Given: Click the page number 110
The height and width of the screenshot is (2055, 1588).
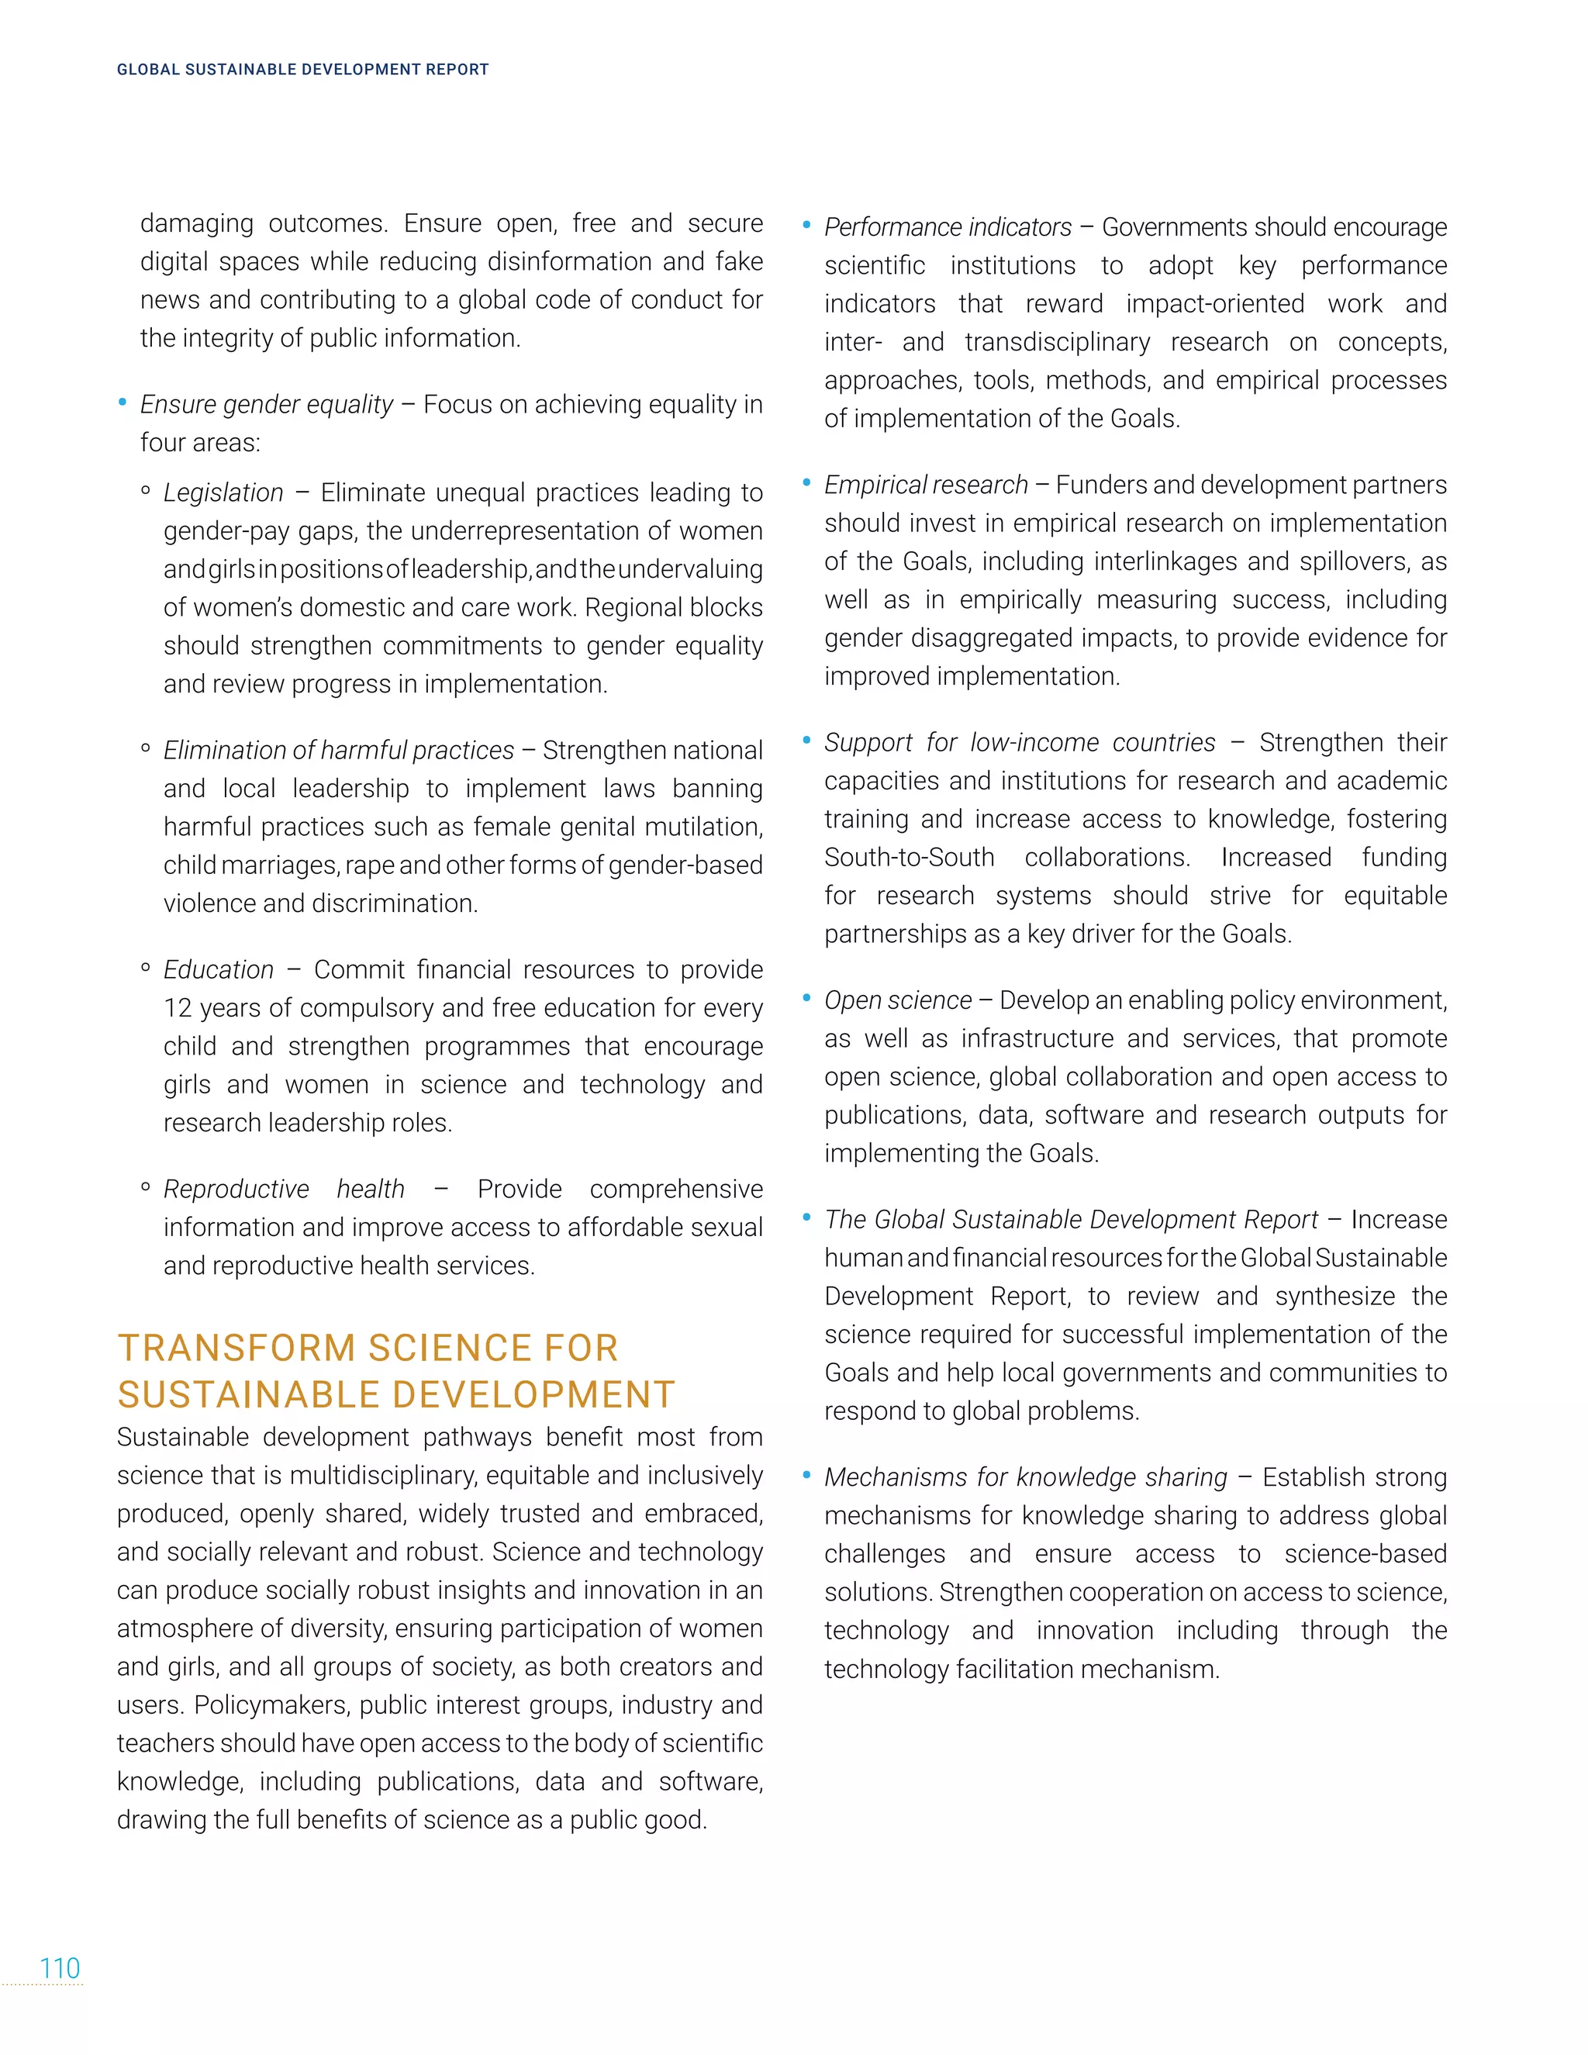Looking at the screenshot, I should coord(59,1967).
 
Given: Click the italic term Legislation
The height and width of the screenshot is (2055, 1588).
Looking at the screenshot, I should coord(223,492).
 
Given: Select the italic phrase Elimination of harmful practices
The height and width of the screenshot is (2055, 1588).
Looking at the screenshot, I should coord(339,750).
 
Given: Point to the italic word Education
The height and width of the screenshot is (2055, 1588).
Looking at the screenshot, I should coord(218,969).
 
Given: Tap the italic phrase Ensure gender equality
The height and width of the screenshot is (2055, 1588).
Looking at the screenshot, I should coord(266,404).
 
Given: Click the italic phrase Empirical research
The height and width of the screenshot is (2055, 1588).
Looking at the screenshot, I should coord(926,485).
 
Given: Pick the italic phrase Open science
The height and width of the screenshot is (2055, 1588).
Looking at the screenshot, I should coord(897,1000).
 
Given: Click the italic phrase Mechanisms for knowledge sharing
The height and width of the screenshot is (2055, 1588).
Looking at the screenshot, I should coord(1025,1477).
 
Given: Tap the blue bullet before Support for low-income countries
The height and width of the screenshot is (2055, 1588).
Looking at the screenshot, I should coord(806,741).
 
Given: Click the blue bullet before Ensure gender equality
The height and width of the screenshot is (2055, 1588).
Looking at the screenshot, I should coord(123,402).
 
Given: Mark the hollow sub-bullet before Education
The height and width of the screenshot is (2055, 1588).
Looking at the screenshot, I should coord(145,967).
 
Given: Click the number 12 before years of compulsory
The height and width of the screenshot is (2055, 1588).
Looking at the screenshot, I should coord(177,1008).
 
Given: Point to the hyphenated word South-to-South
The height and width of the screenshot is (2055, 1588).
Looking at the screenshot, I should coord(909,857).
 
